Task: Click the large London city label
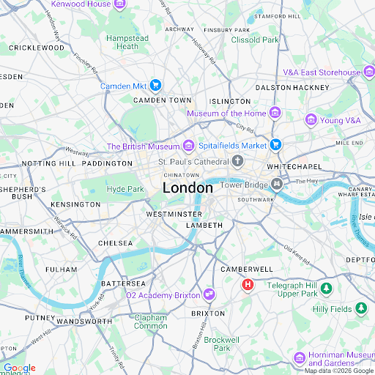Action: tap(187, 188)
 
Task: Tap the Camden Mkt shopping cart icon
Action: tap(155, 86)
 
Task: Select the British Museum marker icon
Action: tap(188, 146)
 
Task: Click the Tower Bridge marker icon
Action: tap(277, 185)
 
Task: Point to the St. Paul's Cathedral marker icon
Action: tap(238, 161)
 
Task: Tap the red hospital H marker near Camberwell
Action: tap(248, 284)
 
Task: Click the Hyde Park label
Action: tap(125, 189)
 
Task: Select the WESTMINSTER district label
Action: tap(174, 214)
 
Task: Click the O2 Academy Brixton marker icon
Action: tap(209, 294)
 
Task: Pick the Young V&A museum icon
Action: tap(311, 119)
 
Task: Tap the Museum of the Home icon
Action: tap(275, 113)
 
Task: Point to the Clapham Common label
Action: tap(150, 322)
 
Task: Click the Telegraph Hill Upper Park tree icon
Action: tap(326, 289)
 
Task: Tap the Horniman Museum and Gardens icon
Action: tap(300, 357)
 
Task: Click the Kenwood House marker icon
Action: tap(119, 4)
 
